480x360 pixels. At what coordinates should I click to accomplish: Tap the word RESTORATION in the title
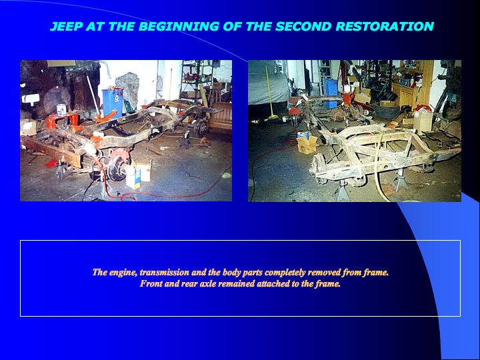385,26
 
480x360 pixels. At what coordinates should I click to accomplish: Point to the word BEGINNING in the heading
179,26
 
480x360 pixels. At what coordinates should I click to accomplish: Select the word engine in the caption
123,273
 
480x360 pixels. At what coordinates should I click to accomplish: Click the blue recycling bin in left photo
113,102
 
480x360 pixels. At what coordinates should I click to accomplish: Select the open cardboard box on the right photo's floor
307,143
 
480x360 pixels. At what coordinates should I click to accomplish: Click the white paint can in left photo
61,109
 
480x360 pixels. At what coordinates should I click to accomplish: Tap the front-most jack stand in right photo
343,191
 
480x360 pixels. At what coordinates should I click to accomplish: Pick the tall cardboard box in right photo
423,121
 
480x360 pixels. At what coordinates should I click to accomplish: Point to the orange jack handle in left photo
105,116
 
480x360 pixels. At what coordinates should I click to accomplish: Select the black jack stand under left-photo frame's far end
185,141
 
